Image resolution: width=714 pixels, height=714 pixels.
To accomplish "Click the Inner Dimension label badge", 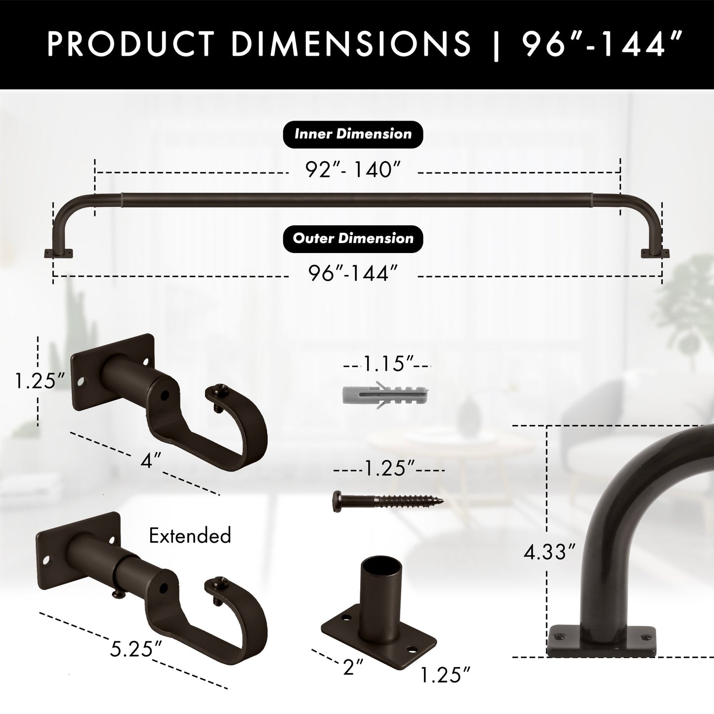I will [353, 134].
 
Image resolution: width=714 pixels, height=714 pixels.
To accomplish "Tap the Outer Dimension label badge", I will [353, 239].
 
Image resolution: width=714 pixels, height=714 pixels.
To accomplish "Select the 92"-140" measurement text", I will [352, 170].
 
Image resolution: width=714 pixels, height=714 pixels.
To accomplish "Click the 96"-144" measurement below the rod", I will [353, 273].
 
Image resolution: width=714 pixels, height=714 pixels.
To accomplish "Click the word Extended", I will [190, 536].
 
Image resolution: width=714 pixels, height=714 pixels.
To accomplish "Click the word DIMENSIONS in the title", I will [351, 44].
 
